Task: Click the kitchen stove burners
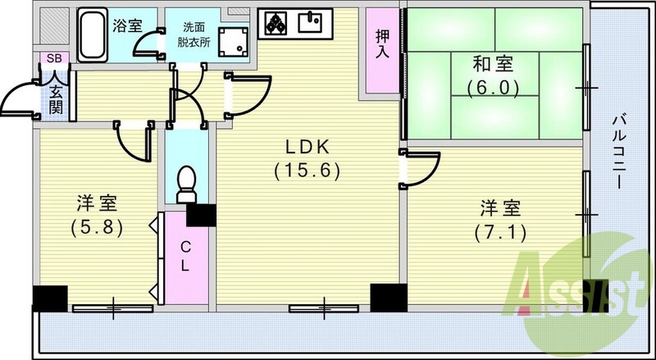point(274,24)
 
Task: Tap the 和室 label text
point(493,63)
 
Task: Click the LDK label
point(307,148)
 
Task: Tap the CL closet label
point(187,256)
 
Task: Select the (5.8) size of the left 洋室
point(96,226)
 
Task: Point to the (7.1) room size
point(500,232)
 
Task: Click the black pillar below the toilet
point(200,216)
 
